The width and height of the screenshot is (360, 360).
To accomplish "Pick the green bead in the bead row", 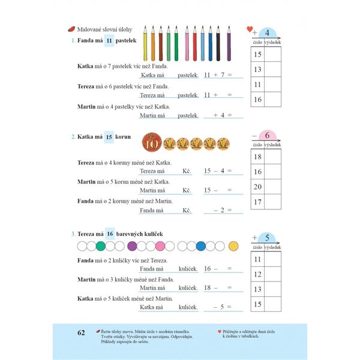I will click(x=101, y=246).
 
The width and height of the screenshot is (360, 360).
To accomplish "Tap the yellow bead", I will click(x=233, y=246).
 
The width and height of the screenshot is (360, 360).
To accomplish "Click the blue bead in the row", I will click(x=201, y=246).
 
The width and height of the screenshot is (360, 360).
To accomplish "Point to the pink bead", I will click(x=160, y=246).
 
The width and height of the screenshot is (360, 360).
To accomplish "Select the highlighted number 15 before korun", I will click(x=109, y=136).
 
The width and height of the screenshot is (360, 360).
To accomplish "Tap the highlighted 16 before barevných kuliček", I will click(x=110, y=233).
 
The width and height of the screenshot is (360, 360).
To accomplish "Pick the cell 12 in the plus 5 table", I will click(x=258, y=274).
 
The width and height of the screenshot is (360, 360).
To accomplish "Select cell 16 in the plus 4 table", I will click(x=258, y=99).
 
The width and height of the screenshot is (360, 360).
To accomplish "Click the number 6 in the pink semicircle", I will click(x=268, y=134).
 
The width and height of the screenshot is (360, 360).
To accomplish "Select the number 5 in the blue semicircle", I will click(x=267, y=237).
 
